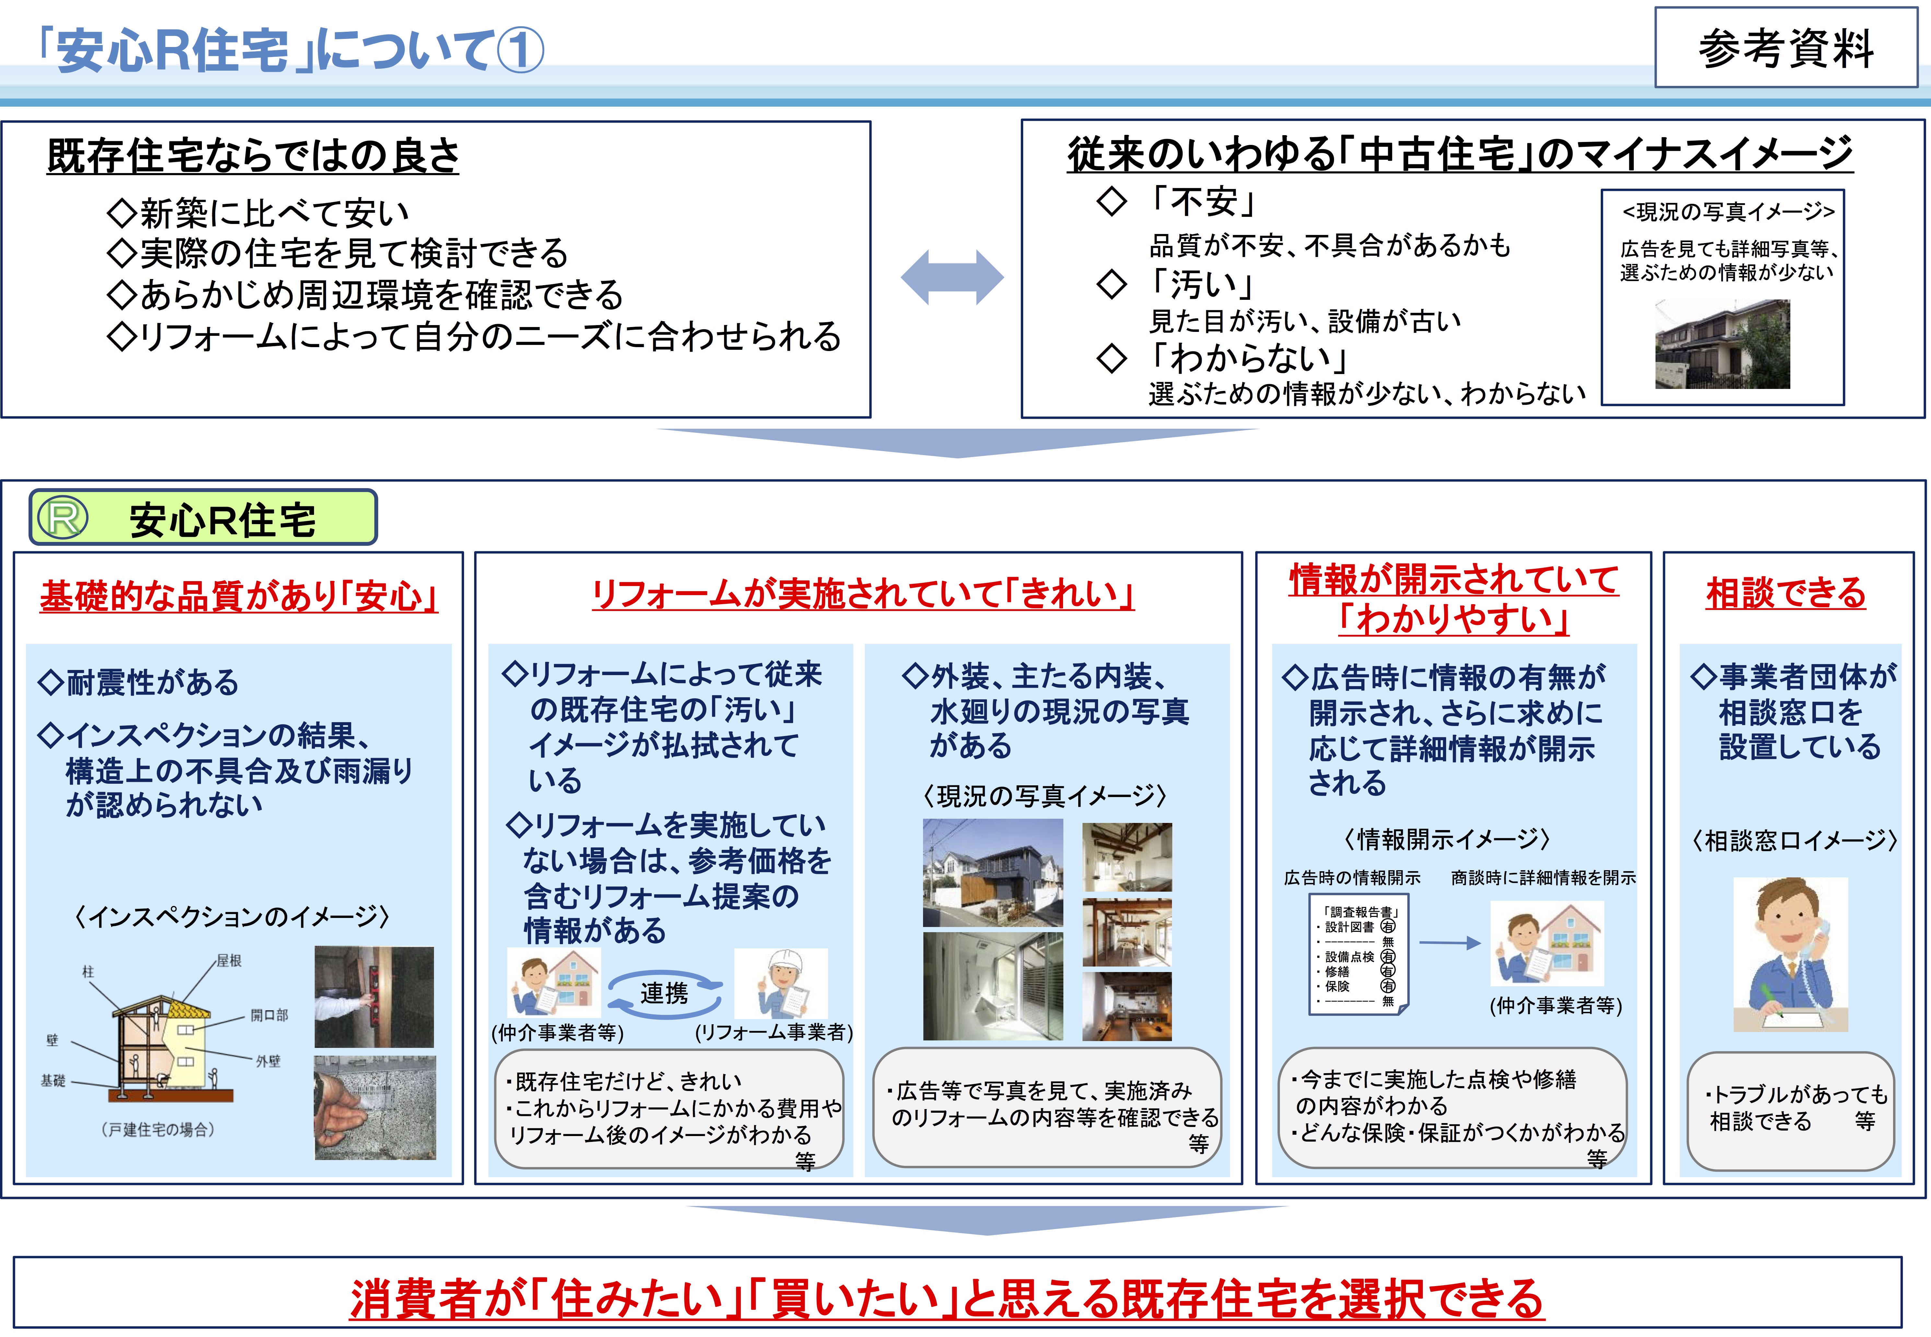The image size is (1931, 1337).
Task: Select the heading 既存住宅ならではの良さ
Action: click(x=253, y=156)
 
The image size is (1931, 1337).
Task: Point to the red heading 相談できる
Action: click(x=1786, y=593)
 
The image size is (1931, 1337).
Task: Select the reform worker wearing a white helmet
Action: click(x=781, y=983)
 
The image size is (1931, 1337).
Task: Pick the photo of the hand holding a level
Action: click(x=374, y=997)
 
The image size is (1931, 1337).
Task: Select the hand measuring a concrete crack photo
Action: click(x=374, y=1108)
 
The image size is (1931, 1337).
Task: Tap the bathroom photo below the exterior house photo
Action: click(x=993, y=986)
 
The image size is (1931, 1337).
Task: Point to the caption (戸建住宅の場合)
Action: click(x=158, y=1129)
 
